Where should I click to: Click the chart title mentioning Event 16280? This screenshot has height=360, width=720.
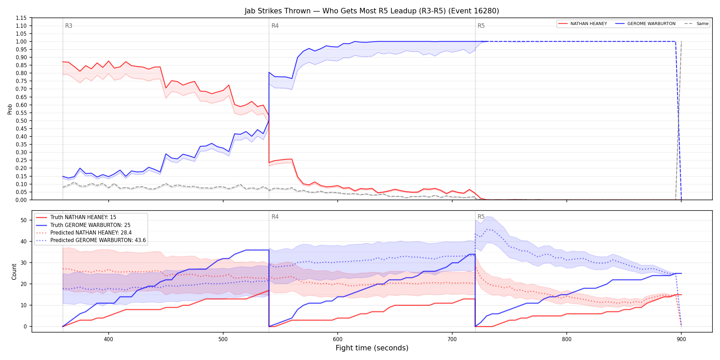click(x=372, y=11)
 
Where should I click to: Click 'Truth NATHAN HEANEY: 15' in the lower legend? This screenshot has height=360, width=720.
click(x=83, y=217)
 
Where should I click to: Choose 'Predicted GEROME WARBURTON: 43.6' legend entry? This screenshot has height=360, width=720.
click(x=98, y=240)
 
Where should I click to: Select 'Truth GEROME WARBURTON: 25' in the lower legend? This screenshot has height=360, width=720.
click(x=91, y=225)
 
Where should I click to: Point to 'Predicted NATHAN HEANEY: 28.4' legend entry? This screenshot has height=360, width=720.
click(x=91, y=233)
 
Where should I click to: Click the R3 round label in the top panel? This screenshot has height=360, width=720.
click(x=69, y=26)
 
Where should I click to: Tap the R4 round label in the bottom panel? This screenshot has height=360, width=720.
click(x=275, y=217)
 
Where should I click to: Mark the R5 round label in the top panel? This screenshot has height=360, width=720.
click(x=481, y=26)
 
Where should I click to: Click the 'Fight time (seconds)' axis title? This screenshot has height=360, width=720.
click(x=372, y=348)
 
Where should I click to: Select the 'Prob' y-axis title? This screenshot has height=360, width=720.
click(x=10, y=109)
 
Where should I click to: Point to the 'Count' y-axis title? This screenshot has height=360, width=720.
click(x=14, y=272)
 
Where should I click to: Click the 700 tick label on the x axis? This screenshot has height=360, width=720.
click(x=452, y=339)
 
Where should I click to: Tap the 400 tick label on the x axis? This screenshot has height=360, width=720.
click(x=109, y=339)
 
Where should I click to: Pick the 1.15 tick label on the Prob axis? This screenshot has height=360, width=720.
click(x=21, y=18)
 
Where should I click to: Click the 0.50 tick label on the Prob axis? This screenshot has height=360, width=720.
click(x=21, y=121)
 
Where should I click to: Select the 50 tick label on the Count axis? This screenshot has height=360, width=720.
click(x=24, y=220)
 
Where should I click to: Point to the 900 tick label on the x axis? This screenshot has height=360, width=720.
click(x=681, y=339)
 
